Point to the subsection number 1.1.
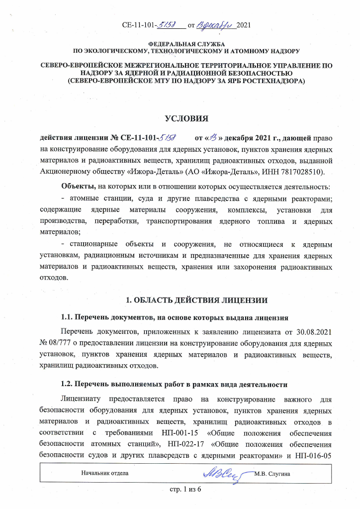tap(67, 317)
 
